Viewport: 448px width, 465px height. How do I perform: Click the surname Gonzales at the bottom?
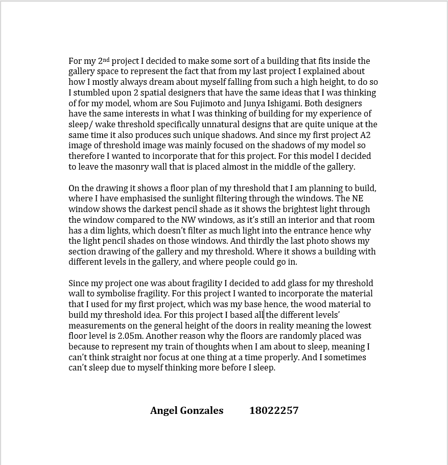click(x=202, y=410)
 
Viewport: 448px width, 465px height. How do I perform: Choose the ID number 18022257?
click(x=274, y=410)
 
